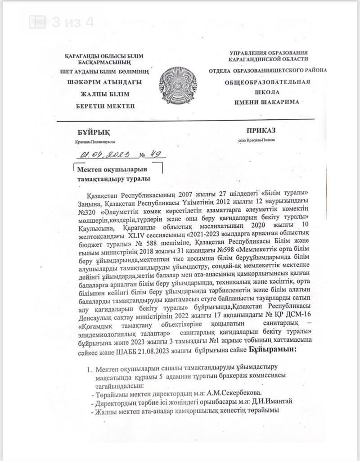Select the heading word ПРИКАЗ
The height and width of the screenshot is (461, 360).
coord(261,131)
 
